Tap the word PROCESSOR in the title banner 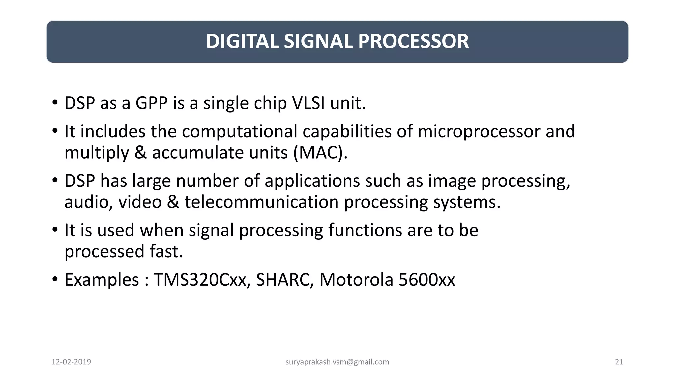(413, 41)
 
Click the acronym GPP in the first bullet (152, 103)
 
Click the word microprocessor (479, 132)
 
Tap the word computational (240, 132)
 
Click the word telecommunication (261, 202)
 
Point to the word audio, (89, 202)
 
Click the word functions (365, 230)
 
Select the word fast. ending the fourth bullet (166, 251)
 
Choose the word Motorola (356, 280)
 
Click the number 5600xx (426, 280)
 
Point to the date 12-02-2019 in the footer (71, 362)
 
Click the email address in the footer (337, 362)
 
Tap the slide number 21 (619, 362)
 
